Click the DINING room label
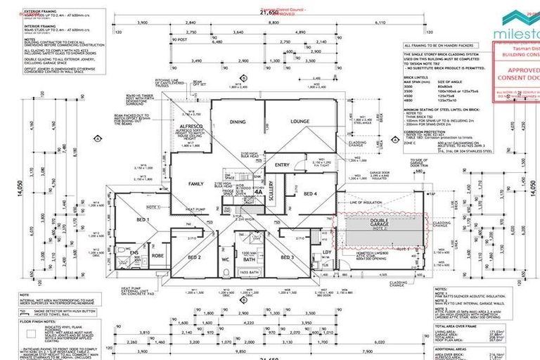(238, 122)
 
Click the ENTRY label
(282, 165)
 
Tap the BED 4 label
(301, 193)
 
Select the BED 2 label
(195, 257)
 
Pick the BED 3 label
(287, 257)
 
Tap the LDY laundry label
(326, 253)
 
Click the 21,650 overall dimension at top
(248, 13)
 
